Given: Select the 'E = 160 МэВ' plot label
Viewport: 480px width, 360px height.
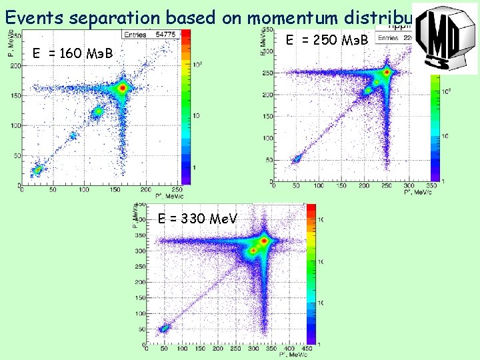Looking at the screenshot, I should click(x=73, y=53).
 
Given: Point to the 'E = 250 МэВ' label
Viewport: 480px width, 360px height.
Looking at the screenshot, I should click(x=327, y=40).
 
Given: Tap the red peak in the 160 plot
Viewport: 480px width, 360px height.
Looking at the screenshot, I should click(x=122, y=88).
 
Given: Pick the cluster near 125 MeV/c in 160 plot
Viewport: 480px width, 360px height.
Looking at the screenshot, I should click(x=97, y=111).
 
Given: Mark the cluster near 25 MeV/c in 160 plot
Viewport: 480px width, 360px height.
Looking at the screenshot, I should click(x=38, y=169).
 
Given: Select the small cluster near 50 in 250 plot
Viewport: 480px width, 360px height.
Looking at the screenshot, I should click(x=297, y=159).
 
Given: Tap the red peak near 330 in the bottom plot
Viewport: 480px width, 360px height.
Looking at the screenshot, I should click(x=265, y=240).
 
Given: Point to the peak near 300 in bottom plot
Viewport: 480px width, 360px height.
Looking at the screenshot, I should click(x=253, y=251).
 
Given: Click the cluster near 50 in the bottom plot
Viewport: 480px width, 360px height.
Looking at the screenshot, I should click(x=164, y=329).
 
